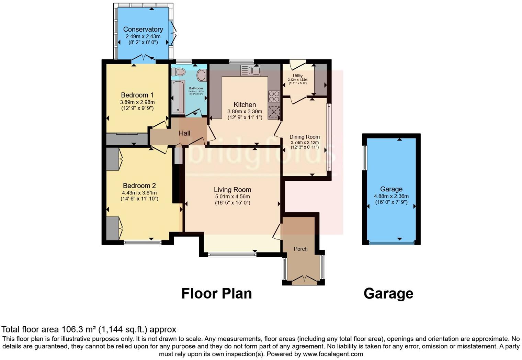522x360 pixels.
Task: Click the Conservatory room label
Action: [143, 30]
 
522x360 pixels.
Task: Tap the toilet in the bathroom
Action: [178, 72]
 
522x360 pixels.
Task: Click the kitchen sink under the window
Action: [251, 70]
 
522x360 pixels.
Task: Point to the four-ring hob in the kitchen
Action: [274, 96]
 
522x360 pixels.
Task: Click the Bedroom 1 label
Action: [137, 95]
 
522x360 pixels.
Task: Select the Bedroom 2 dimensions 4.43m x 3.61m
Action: [139, 193]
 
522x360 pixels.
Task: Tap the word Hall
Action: [184, 133]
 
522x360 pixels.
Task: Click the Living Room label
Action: [232, 190]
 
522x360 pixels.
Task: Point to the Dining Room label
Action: [304, 137]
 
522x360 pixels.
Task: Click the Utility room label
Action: [298, 76]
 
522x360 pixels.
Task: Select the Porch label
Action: [300, 249]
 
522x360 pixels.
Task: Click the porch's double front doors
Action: [304, 280]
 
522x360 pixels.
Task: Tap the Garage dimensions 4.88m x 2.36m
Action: [391, 196]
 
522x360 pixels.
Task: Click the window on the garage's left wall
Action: [365, 158]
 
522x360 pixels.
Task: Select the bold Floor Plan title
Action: [216, 294]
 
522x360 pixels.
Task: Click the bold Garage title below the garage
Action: [388, 294]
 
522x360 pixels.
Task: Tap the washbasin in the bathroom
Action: [202, 75]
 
